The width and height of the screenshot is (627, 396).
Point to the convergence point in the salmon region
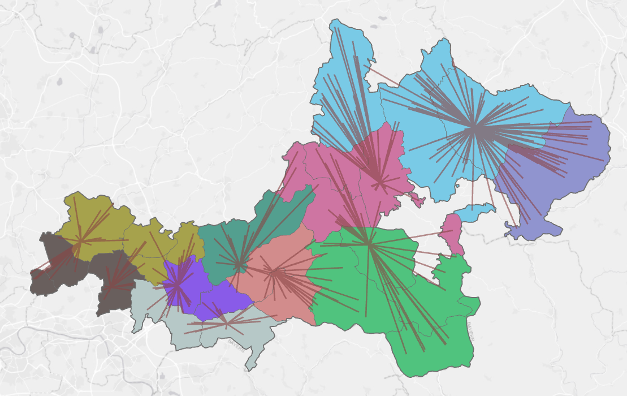coord(275,274)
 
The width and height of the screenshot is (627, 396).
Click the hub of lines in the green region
coord(369,244)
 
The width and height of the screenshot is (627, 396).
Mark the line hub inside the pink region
coord(380,182)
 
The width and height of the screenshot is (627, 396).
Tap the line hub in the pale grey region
coord(226,324)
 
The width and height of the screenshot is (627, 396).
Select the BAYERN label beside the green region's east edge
coord(470,331)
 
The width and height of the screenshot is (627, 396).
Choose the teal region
coord(226,243)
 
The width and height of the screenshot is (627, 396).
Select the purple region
coord(215,300)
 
